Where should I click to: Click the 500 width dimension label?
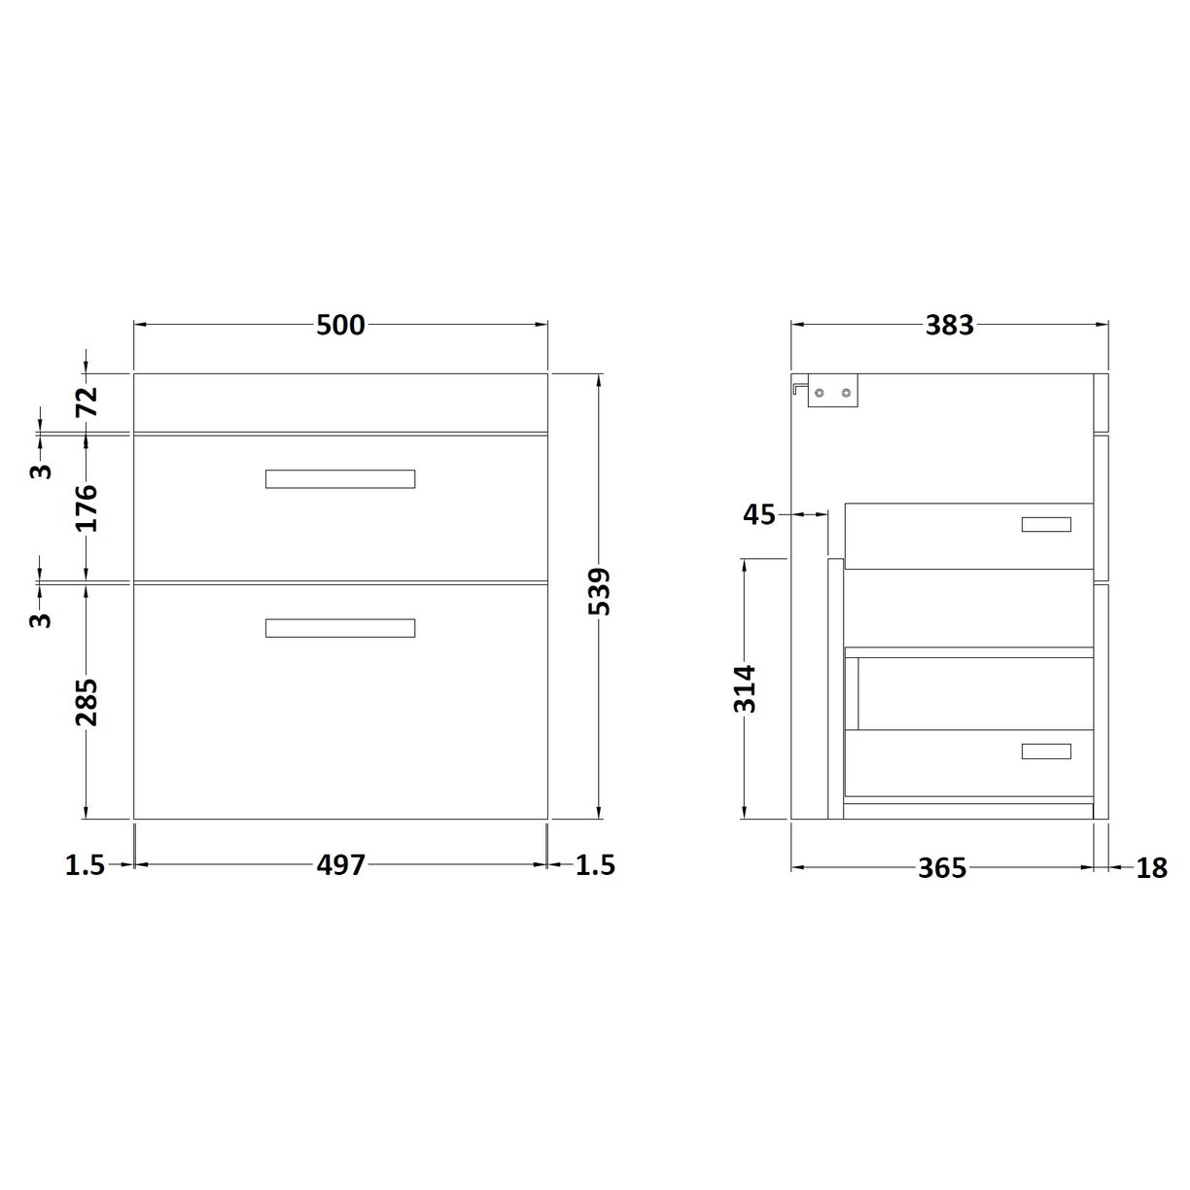pyautogui.click(x=340, y=325)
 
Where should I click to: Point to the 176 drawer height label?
pyautogui.click(x=87, y=507)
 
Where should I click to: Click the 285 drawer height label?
pyautogui.click(x=87, y=702)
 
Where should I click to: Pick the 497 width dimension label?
pyautogui.click(x=340, y=864)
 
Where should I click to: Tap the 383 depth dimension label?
pyautogui.click(x=949, y=325)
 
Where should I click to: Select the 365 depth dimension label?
pyautogui.click(x=942, y=867)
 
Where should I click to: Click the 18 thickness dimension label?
pyautogui.click(x=1150, y=867)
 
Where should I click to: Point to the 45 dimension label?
pyautogui.click(x=759, y=513)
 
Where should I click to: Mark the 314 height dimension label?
pyautogui.click(x=745, y=688)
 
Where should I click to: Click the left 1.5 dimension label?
pyautogui.click(x=85, y=864)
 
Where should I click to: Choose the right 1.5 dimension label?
pyautogui.click(x=595, y=864)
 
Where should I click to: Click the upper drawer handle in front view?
pyautogui.click(x=340, y=478)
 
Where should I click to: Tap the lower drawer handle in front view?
pyautogui.click(x=340, y=628)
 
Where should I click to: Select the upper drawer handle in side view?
pyautogui.click(x=1046, y=525)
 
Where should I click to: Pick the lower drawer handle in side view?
pyautogui.click(x=1046, y=751)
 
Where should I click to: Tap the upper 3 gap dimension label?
pyautogui.click(x=40, y=471)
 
